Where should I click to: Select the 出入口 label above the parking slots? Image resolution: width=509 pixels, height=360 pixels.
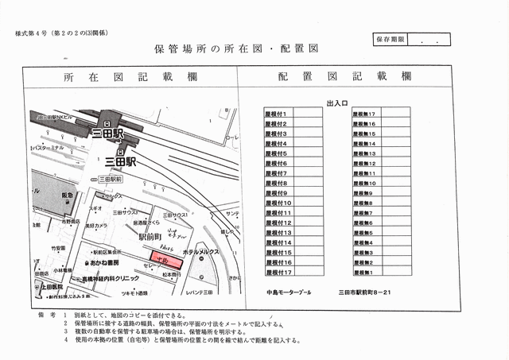point(337,104)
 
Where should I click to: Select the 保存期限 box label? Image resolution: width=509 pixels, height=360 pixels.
point(390,38)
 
